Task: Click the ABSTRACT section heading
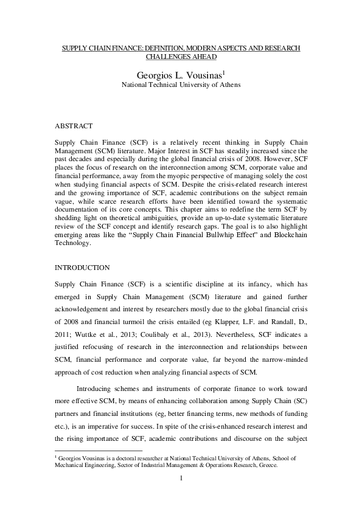coord(74,126)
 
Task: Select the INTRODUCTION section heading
coord(83,268)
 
